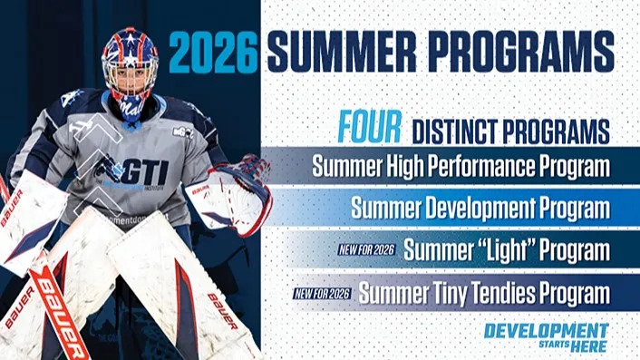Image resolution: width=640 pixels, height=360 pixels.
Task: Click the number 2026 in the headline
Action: tap(214, 53)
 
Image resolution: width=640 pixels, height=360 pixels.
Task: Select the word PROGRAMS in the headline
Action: tap(527, 53)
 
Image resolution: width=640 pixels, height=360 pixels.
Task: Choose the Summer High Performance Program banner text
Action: tap(461, 168)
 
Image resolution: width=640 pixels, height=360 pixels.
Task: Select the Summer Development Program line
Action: tap(480, 209)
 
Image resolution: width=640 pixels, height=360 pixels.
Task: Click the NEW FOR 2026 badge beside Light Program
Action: tap(366, 249)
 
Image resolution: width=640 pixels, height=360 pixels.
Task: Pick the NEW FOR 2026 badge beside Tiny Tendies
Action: tap(323, 293)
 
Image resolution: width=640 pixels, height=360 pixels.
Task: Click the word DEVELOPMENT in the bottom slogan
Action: tap(546, 331)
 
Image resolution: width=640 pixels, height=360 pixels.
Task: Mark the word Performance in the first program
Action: tap(504, 168)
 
